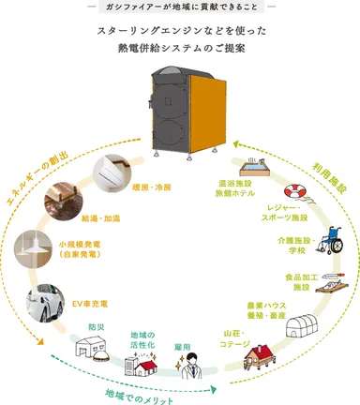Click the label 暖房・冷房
click(150, 186)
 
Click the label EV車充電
click(90, 304)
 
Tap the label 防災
click(97, 327)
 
